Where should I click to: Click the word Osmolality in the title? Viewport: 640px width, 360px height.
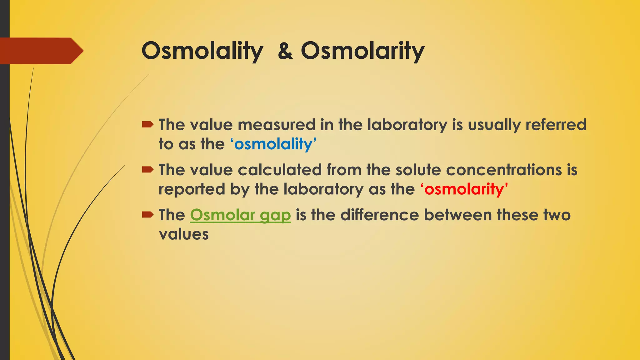pyautogui.click(x=202, y=51)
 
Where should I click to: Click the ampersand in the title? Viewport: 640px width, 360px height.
pyautogui.click(x=285, y=51)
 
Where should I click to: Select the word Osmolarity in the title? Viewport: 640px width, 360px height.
pyautogui.click(x=362, y=51)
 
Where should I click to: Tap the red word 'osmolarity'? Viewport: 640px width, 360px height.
pyautogui.click(x=464, y=189)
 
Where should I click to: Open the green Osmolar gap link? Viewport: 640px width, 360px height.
pyautogui.click(x=240, y=215)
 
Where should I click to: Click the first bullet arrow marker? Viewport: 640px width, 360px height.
pyautogui.click(x=147, y=125)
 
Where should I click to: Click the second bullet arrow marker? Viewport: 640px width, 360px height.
pyautogui.click(x=147, y=170)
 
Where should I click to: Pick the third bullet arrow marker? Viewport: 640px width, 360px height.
pyautogui.click(x=147, y=215)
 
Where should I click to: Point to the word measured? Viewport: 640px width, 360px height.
pyautogui.click(x=277, y=125)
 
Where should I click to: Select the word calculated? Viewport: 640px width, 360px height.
pyautogui.click(x=280, y=170)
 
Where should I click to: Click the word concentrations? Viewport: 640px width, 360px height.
pyautogui.click(x=504, y=170)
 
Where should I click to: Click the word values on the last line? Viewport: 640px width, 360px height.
pyautogui.click(x=184, y=234)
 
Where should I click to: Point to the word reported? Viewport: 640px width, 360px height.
pyautogui.click(x=192, y=189)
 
